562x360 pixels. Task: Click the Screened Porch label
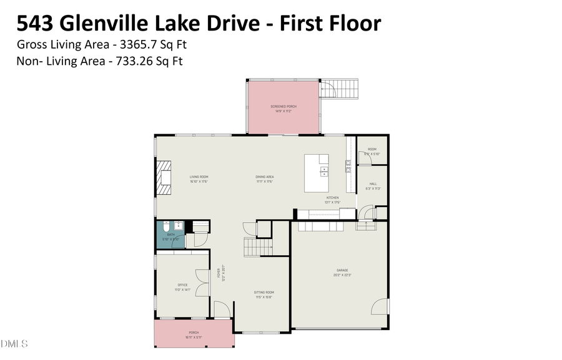[x=283, y=109]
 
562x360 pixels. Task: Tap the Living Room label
[x=199, y=178]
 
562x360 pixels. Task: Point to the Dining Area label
[x=265, y=178]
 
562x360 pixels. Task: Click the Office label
[x=182, y=287]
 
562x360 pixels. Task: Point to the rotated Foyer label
[x=219, y=275]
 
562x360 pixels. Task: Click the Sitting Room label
[x=264, y=294]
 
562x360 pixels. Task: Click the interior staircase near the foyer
[x=257, y=247]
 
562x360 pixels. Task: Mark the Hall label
[x=373, y=185]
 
